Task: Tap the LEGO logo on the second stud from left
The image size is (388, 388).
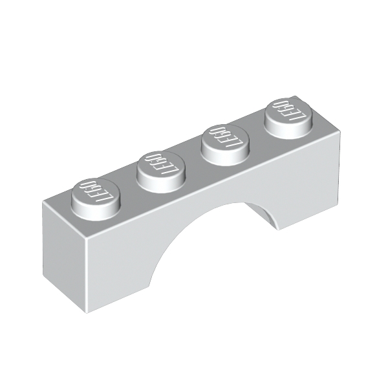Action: tap(162, 165)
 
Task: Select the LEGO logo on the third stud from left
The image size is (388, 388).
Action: tap(224, 138)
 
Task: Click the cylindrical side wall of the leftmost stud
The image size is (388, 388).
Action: tap(96, 213)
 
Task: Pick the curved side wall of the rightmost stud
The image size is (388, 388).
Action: tap(288, 131)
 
